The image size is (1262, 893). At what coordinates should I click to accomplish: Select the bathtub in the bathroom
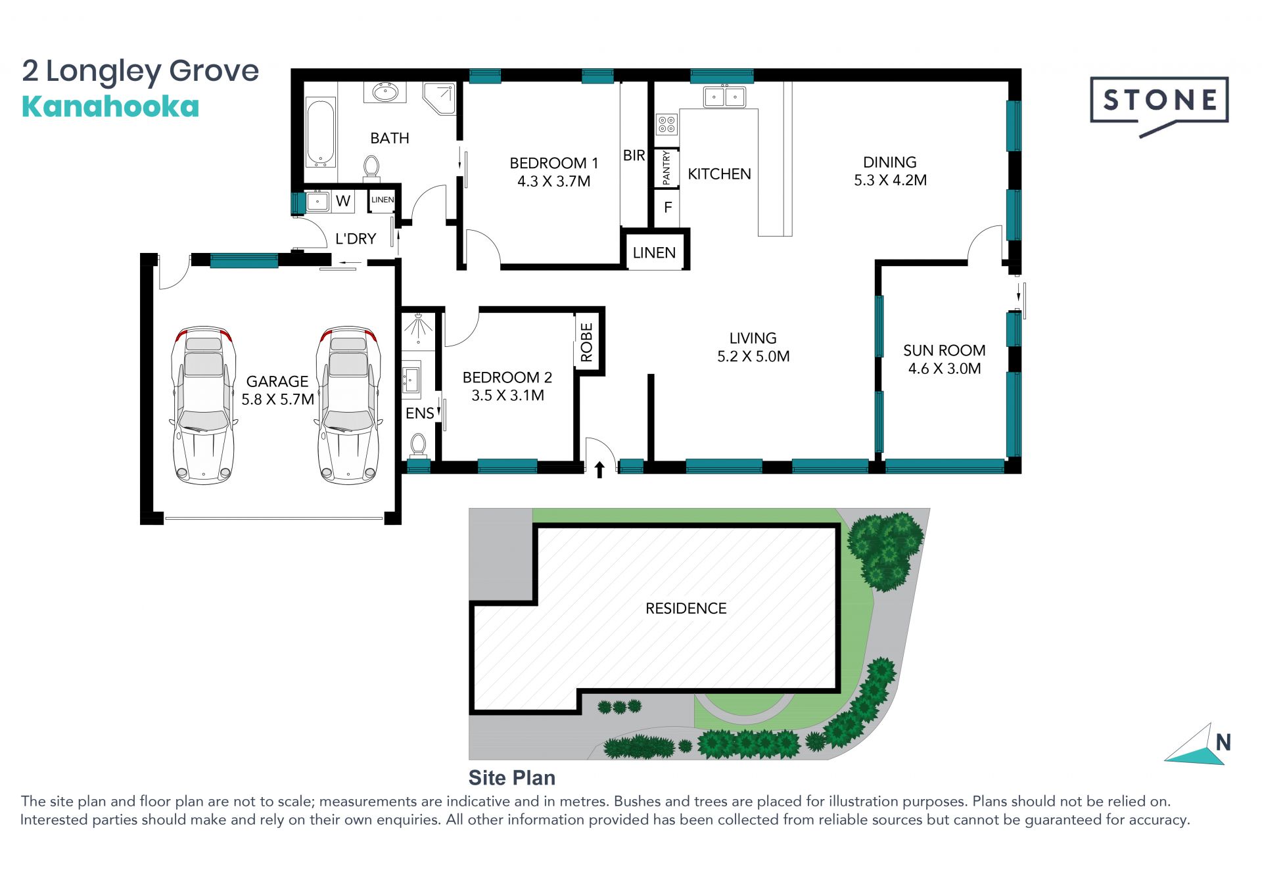[x=321, y=133]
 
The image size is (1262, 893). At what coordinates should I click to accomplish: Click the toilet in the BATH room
[x=371, y=168]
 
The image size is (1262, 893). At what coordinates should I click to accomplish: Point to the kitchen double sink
[x=724, y=97]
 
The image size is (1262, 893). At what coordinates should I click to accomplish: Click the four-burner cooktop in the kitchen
[x=666, y=124]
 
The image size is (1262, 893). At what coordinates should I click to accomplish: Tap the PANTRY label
[x=666, y=168]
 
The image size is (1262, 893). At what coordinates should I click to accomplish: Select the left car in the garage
[x=204, y=405]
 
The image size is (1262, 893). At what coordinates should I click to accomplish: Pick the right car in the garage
[x=348, y=405]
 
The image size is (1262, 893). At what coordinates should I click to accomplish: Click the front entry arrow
[x=599, y=469]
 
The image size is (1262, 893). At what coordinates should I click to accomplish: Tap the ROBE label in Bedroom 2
[x=587, y=343]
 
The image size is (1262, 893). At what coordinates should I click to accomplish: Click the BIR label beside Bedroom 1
[x=634, y=156]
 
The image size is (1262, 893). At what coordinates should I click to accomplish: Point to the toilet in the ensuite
[x=418, y=445]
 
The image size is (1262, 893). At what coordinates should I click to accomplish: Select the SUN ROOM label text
[x=944, y=350]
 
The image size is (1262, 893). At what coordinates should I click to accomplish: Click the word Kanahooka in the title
[x=110, y=106]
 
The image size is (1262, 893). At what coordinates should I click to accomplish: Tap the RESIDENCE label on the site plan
[x=686, y=608]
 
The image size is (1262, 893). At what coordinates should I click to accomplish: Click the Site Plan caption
[x=511, y=778]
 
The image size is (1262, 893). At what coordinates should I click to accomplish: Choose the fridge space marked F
[x=668, y=208]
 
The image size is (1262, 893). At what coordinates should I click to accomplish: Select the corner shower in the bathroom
[x=439, y=98]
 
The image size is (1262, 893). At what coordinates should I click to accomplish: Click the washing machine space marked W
[x=343, y=201]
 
